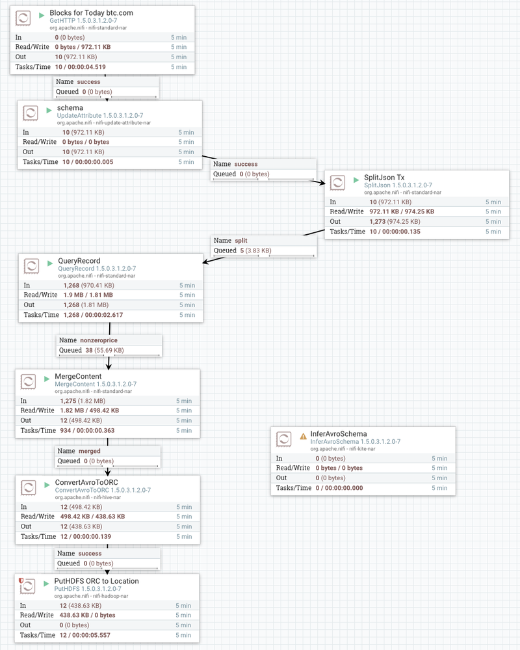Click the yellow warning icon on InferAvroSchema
click(303, 434)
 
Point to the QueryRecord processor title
click(79, 261)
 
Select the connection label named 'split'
click(240, 240)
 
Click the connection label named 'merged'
click(90, 451)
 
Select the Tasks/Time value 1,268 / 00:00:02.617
click(93, 315)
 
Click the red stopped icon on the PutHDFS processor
click(21, 580)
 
